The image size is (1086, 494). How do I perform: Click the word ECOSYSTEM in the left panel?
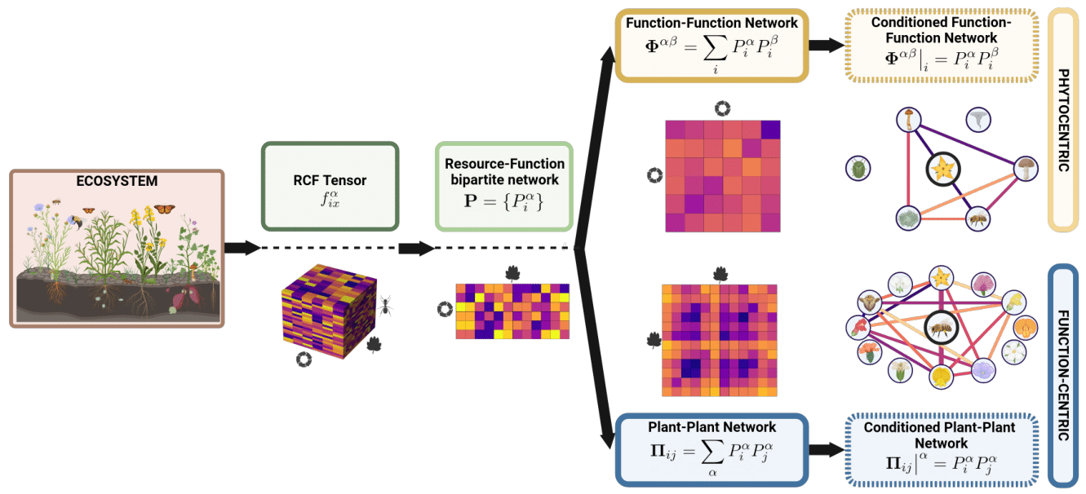116,182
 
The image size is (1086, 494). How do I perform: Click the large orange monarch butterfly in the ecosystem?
166,210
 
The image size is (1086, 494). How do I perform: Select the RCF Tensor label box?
330,187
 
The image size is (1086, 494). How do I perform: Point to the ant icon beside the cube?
385,306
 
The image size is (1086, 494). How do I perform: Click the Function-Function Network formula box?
711,45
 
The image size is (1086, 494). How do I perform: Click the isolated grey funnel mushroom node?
977,120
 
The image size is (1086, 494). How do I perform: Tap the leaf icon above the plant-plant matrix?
720,273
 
